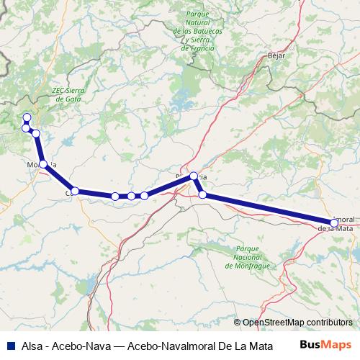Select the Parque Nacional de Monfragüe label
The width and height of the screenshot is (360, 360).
[247, 257]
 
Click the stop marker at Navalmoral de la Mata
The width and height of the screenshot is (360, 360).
[333, 222]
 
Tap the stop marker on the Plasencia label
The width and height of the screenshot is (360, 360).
[193, 176]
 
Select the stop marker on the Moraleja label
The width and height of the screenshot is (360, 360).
[43, 164]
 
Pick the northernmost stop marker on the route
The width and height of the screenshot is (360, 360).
[27, 117]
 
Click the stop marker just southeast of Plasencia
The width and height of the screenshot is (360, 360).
[203, 194]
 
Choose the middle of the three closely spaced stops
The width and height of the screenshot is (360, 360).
[131, 196]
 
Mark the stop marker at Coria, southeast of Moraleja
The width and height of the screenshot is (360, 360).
[75, 191]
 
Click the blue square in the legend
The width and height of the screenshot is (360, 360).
[9, 343]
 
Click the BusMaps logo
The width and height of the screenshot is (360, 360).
[325, 343]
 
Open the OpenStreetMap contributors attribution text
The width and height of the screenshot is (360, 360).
[297, 323]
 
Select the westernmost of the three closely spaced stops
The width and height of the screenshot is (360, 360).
[115, 196]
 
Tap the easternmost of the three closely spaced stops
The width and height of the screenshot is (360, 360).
[144, 195]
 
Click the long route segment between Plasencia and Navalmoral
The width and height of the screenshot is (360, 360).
[266, 208]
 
